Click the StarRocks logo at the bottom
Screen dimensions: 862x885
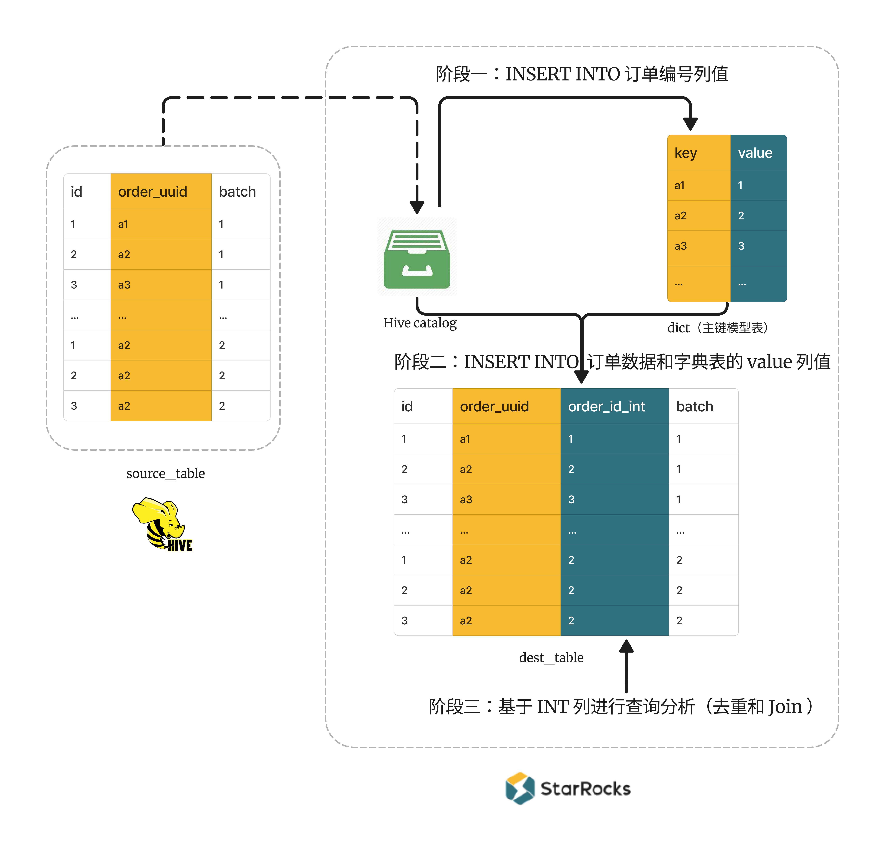pos(568,788)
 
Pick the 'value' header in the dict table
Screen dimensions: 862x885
pos(755,153)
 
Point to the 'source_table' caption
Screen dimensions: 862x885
pos(165,474)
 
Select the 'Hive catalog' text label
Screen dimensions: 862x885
pos(420,323)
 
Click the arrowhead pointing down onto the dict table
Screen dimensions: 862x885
pos(690,124)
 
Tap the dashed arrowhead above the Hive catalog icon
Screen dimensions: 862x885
pos(417,207)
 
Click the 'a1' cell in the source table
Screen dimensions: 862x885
pos(123,224)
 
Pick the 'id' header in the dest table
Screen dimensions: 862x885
pos(407,407)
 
